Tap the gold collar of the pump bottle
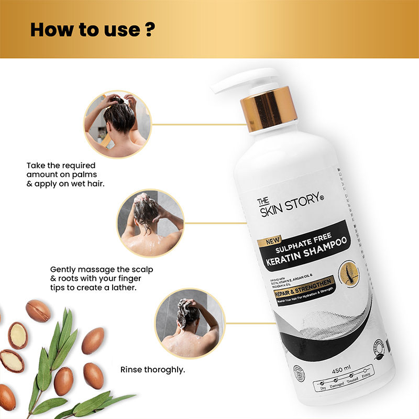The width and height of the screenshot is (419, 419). (269, 109)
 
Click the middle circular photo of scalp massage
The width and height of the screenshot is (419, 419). (150, 223)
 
